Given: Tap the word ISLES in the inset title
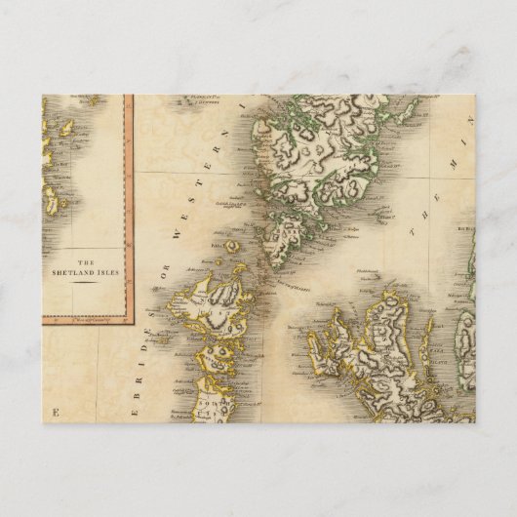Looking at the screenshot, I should pos(108,273).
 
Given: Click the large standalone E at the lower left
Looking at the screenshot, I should pos(57,410).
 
